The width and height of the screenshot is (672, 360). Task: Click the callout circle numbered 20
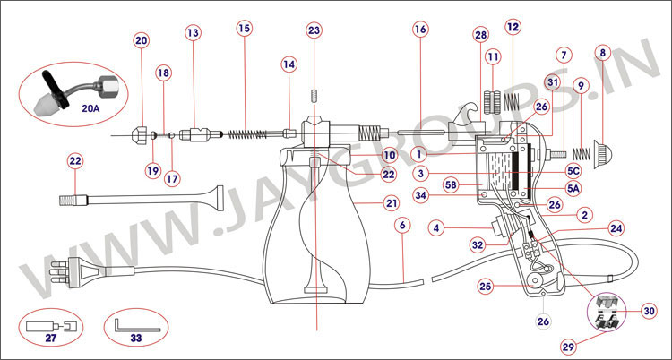142,41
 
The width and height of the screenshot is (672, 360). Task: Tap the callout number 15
245,29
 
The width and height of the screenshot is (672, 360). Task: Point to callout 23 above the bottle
314,30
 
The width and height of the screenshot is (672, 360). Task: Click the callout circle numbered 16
420,29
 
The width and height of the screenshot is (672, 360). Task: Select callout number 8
602,54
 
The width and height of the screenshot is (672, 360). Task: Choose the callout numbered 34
420,194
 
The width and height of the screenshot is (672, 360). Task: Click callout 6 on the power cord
402,227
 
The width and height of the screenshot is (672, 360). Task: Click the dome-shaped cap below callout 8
603,141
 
